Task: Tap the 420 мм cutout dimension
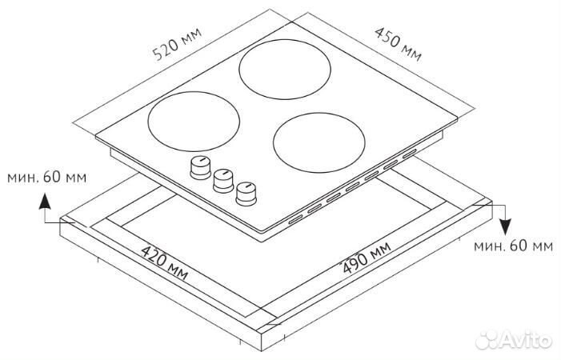point(164,265)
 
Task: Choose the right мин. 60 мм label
point(512,246)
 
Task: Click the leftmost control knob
point(198,167)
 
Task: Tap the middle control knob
point(222,179)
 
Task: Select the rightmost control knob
point(246,193)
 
